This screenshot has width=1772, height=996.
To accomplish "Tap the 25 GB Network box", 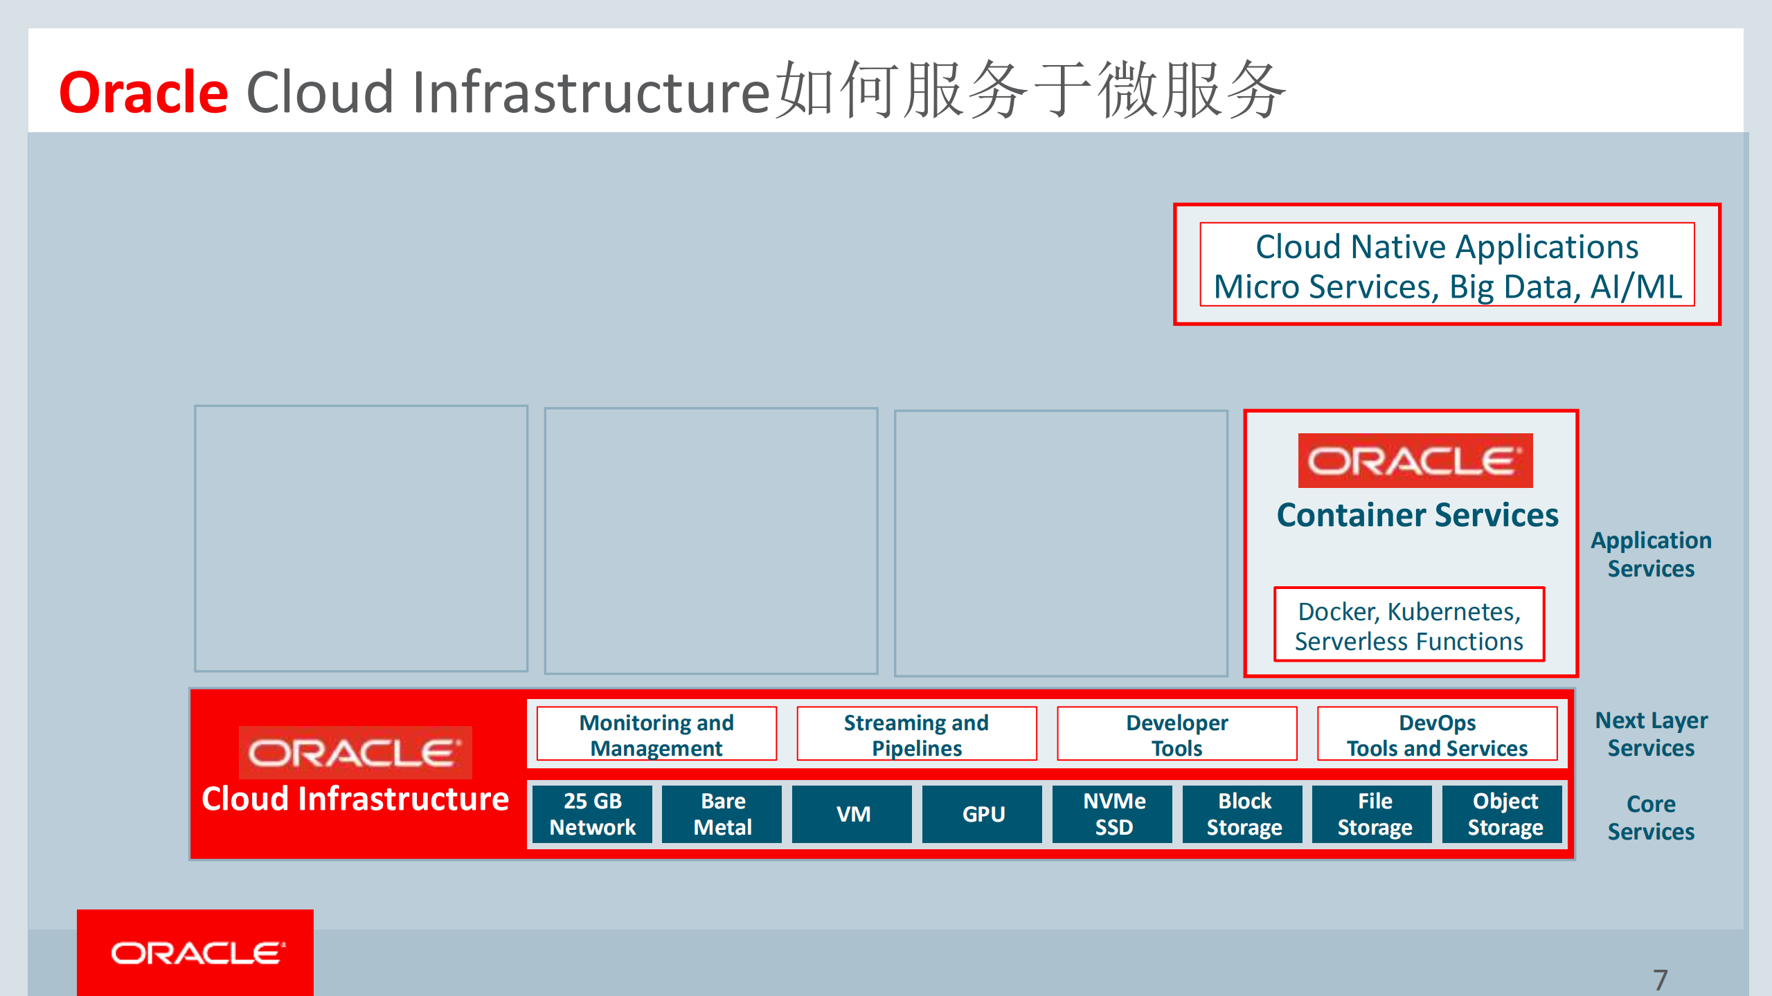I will click(x=592, y=814).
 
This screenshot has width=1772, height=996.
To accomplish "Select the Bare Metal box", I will click(x=722, y=814).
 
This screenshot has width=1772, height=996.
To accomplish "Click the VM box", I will click(x=852, y=814).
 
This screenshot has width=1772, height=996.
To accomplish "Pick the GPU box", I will click(x=983, y=814).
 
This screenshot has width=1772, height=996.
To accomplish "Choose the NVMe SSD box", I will click(x=1113, y=814).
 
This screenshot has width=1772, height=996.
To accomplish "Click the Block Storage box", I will click(x=1244, y=814).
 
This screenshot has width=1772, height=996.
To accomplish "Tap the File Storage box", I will click(x=1374, y=814).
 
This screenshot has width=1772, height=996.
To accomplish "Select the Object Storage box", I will click(x=1504, y=814).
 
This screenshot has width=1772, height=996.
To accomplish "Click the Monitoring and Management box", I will click(x=656, y=734).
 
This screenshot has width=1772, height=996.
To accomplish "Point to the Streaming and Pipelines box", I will click(x=916, y=734).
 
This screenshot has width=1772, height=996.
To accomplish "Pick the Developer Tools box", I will click(x=1176, y=734).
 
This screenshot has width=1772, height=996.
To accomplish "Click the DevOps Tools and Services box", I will click(x=1437, y=734).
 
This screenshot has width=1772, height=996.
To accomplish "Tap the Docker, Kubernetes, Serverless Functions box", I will click(x=1409, y=626).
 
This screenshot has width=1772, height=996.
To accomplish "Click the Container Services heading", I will click(x=1417, y=515).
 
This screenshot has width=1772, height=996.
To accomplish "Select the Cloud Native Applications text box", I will click(x=1447, y=265).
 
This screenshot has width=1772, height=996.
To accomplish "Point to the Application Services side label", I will click(x=1651, y=554).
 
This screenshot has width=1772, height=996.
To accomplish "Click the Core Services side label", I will click(x=1651, y=817).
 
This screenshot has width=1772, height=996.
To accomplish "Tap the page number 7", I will click(x=1660, y=979).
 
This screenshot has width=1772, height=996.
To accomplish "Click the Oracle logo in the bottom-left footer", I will click(x=196, y=953).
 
